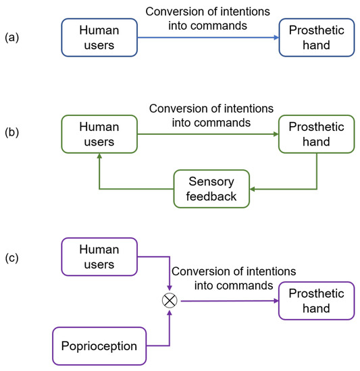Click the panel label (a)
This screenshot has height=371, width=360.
point(12,37)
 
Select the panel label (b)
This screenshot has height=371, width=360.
point(12,133)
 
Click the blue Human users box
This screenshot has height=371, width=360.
point(99,38)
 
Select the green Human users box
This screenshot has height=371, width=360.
point(99,134)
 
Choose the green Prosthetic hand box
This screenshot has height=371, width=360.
point(317,134)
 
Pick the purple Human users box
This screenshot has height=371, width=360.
point(99,256)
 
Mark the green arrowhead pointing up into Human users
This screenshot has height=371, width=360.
point(99,156)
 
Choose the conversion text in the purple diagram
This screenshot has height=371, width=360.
point(234,278)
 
